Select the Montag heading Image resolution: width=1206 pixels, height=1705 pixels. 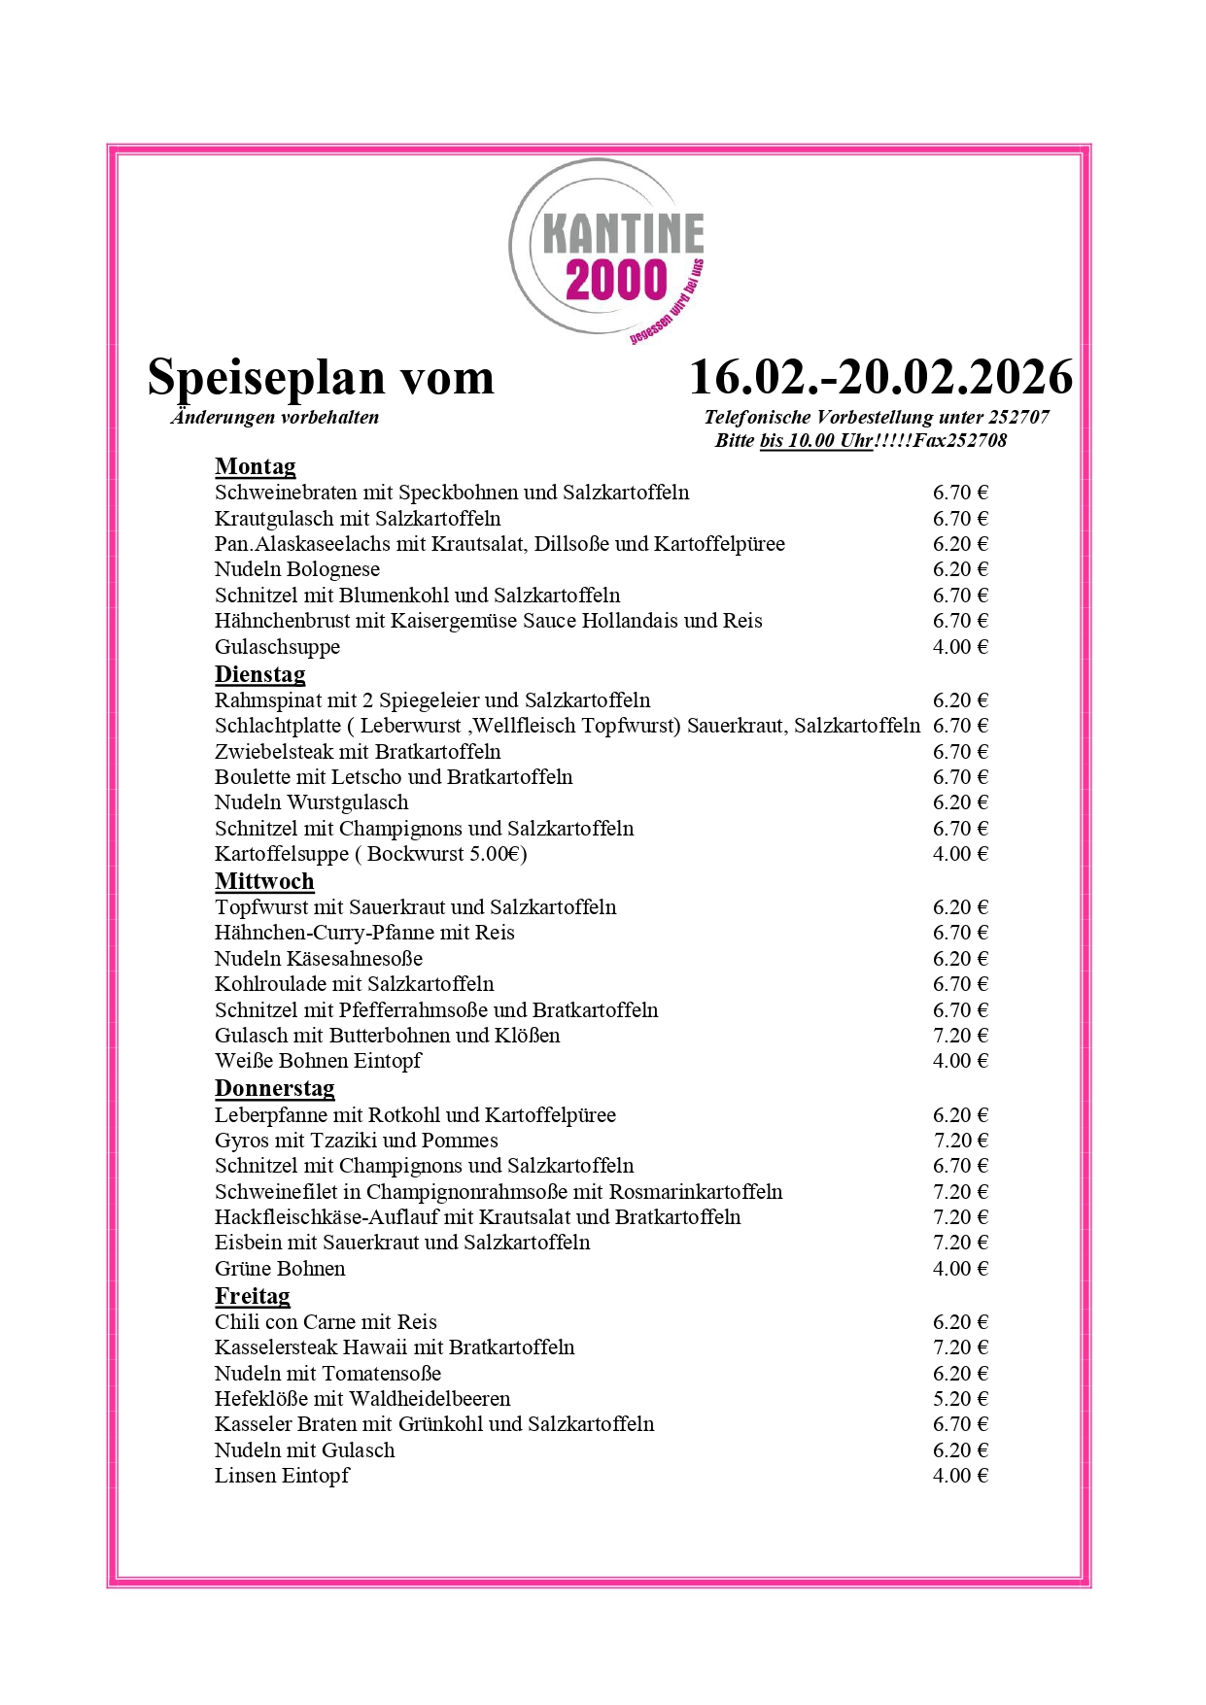[255, 467]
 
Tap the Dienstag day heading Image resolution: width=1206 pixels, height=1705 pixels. [259, 674]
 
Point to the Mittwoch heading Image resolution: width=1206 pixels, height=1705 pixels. [264, 881]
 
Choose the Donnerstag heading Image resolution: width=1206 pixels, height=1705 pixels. [274, 1089]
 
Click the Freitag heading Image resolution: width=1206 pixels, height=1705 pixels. [252, 1296]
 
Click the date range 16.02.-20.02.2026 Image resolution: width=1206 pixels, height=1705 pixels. [880, 378]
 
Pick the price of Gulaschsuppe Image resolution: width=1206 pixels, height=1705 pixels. [959, 647]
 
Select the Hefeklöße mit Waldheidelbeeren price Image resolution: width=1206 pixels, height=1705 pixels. [959, 1399]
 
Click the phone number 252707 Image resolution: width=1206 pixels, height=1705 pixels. [1018, 418]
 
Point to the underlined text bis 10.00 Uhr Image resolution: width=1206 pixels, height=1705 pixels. [815, 441]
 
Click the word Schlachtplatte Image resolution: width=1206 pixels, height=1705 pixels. [278, 726]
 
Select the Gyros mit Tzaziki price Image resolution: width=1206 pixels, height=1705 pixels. [959, 1141]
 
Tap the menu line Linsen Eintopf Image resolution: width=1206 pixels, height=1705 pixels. [282, 1476]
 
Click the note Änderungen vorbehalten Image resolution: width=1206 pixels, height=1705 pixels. [275, 418]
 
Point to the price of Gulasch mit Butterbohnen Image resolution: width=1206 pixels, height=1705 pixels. [959, 1036]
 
